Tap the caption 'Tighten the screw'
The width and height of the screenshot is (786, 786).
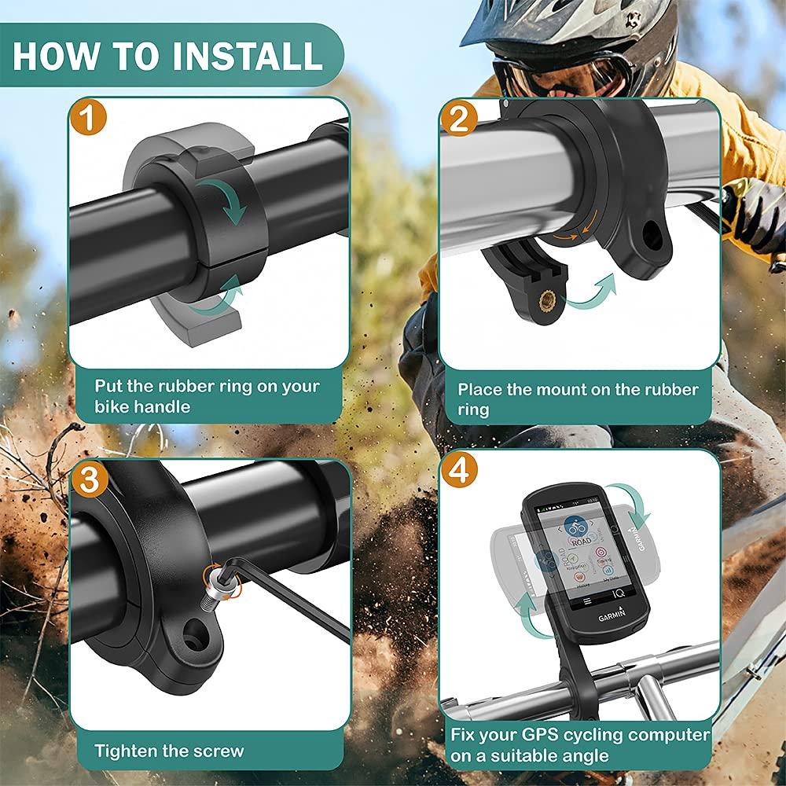pos(169,751)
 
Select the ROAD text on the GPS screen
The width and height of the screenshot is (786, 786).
pos(581,542)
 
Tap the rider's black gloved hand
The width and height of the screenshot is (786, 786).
pos(751,212)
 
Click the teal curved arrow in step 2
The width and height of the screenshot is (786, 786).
pos(593,292)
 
